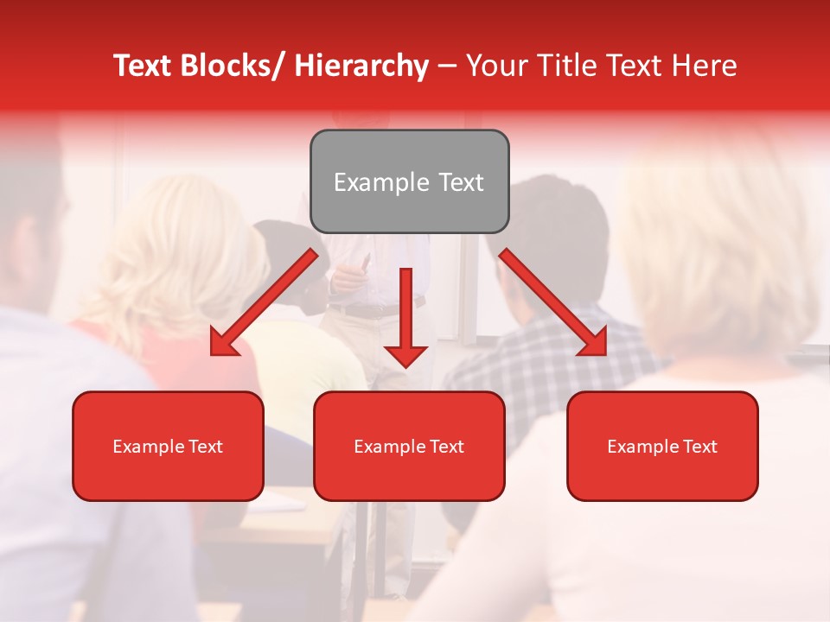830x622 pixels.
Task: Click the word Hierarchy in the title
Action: coord(361,66)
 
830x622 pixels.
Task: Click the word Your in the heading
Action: coord(495,66)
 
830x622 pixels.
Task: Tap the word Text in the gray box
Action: coord(460,182)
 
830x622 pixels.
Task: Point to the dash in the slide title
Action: coord(447,66)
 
